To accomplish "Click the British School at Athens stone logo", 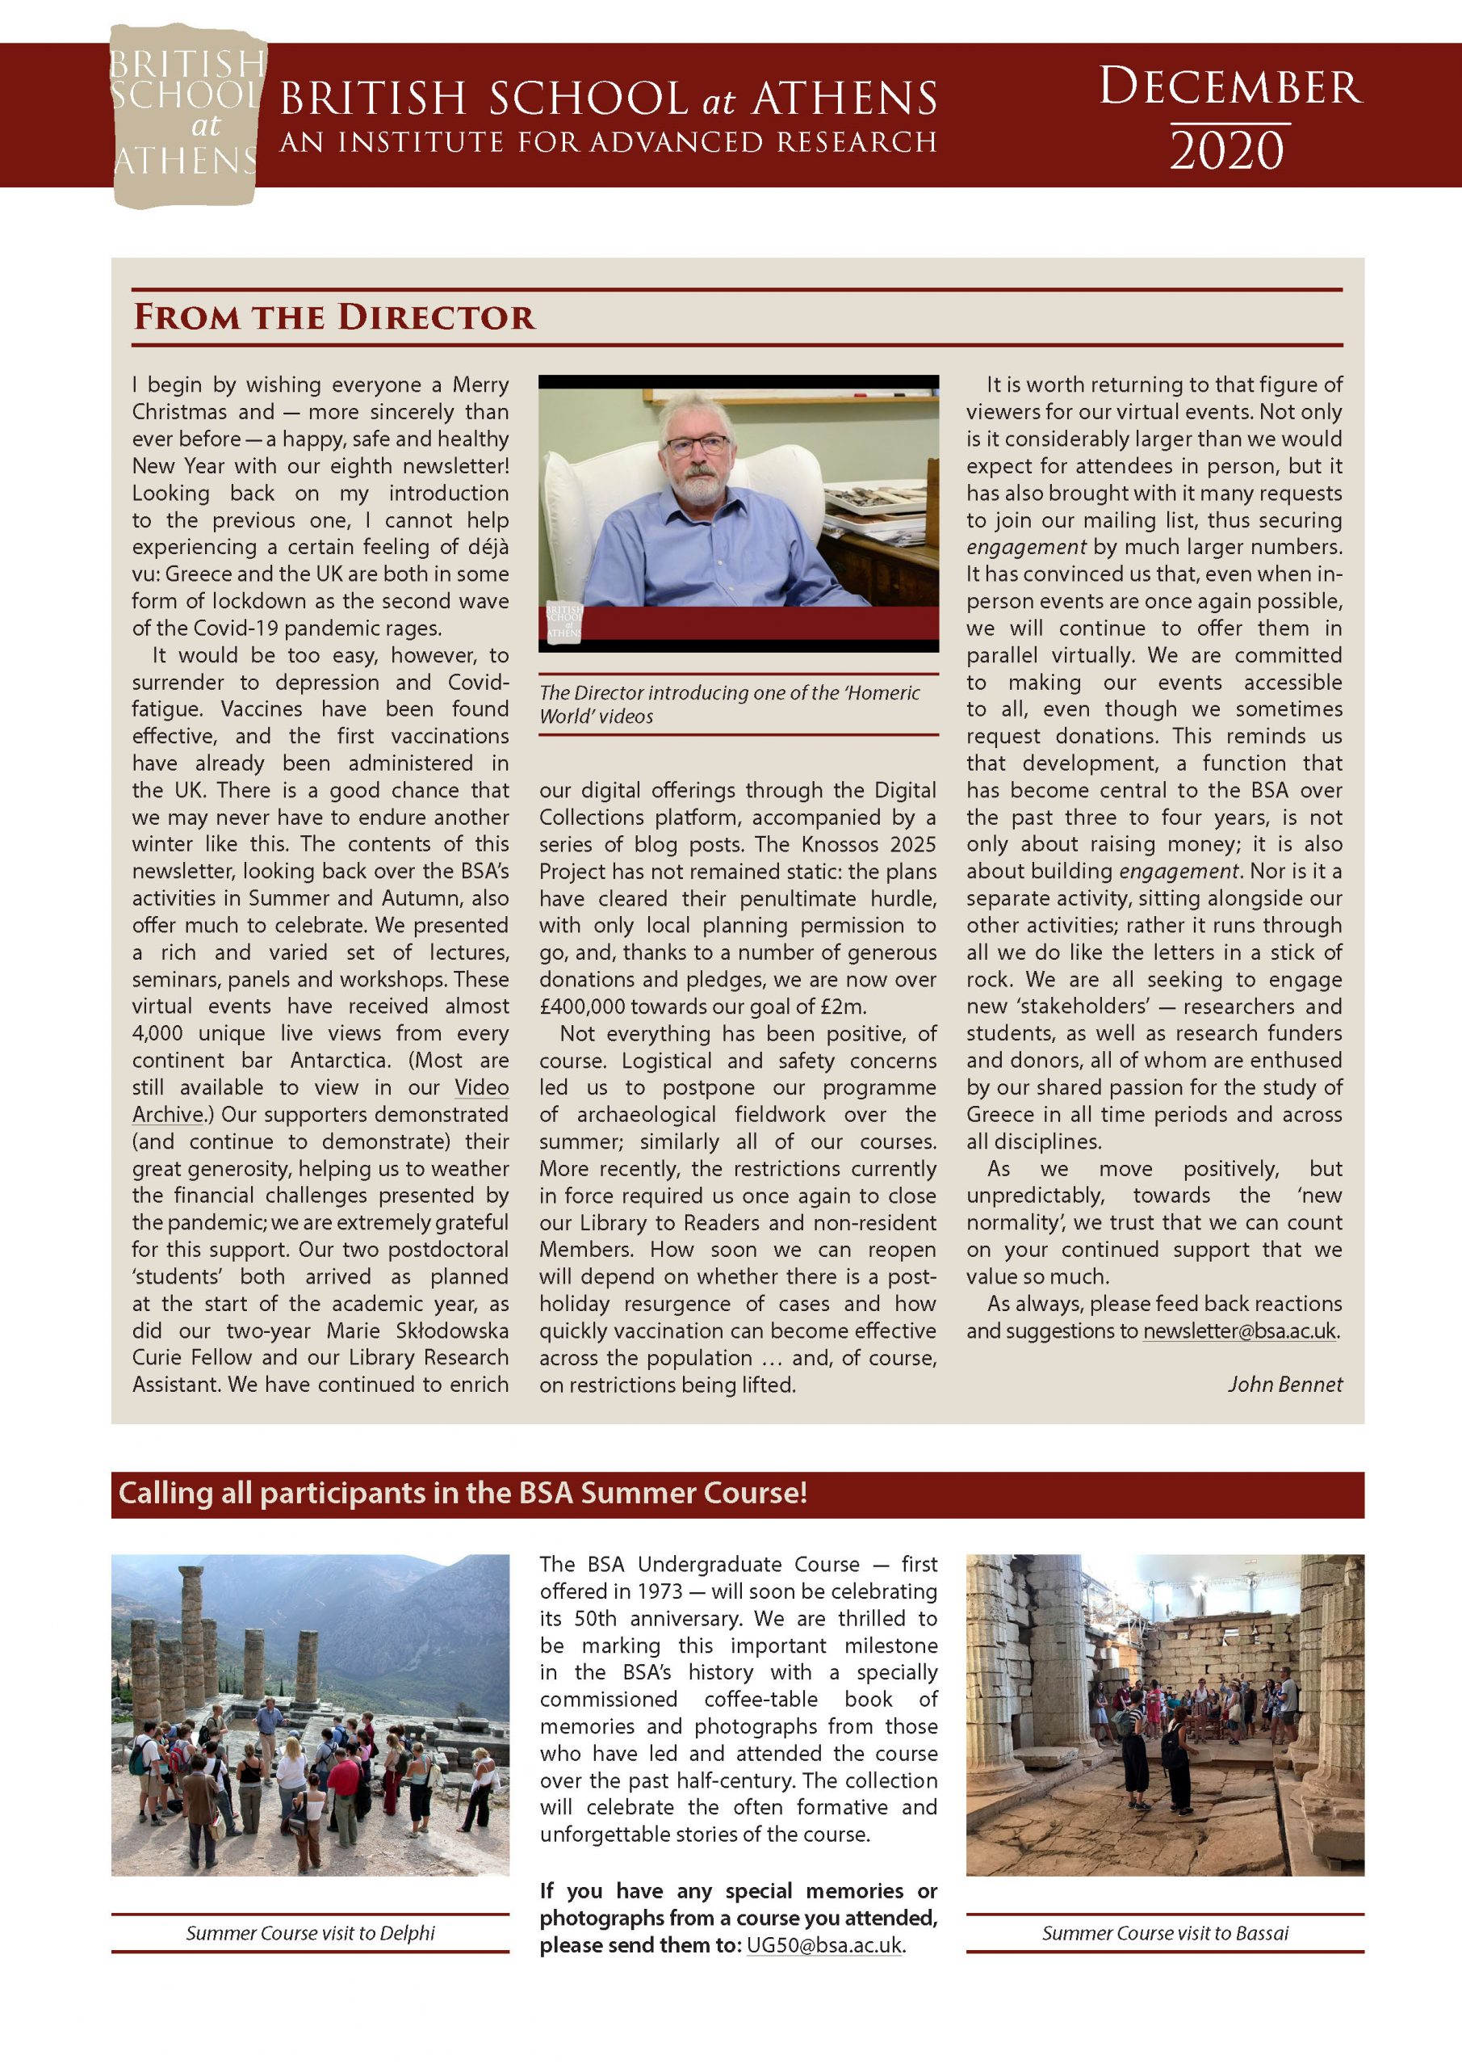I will point(186,116).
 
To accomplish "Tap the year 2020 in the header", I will point(1226,150).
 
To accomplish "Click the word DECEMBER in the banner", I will point(1230,87).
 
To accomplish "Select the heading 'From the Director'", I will point(333,317).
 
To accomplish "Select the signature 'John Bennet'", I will point(1284,1385).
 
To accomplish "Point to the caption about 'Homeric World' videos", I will point(729,704).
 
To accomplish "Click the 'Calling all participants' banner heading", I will point(463,1494).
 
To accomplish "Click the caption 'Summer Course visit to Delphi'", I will point(310,1933).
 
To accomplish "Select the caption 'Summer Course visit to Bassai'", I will point(1165,1933).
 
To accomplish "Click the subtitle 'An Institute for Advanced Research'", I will point(608,142).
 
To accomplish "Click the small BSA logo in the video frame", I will point(563,621).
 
